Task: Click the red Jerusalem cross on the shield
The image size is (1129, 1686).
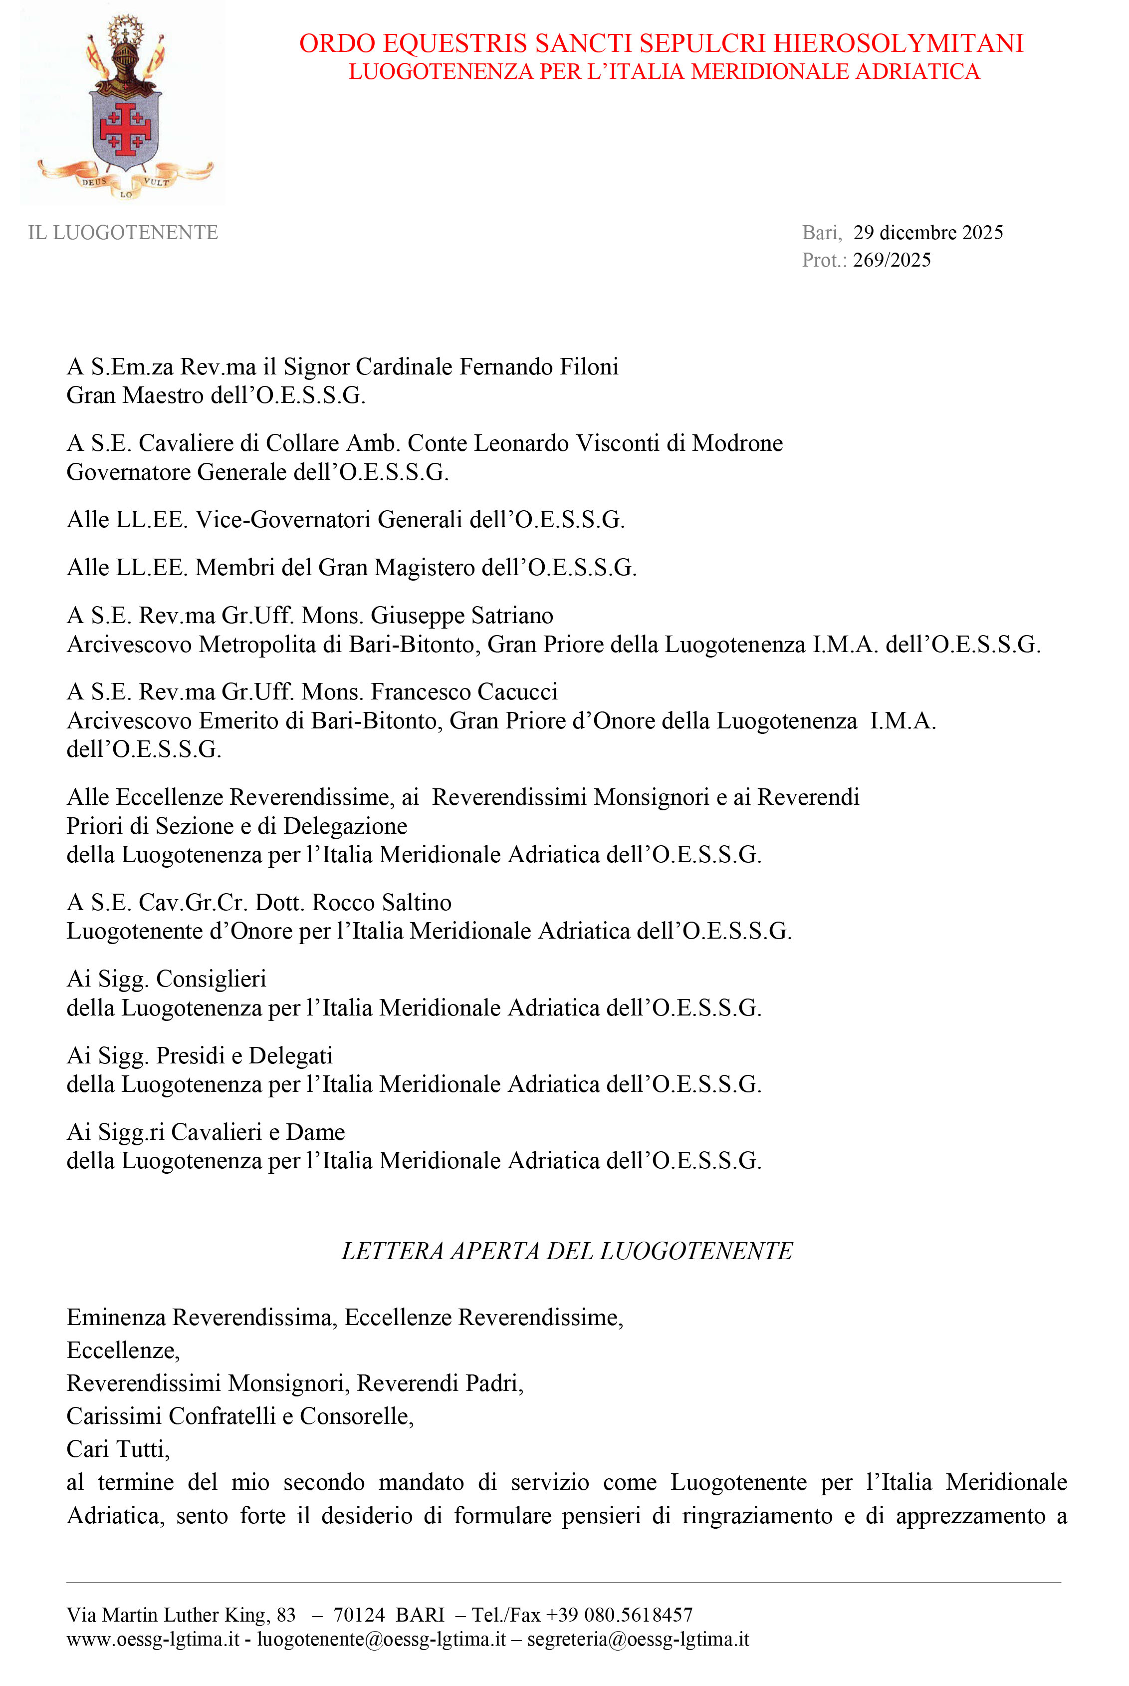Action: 125,129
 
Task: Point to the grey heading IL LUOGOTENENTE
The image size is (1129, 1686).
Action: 123,233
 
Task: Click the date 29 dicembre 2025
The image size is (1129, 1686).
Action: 927,233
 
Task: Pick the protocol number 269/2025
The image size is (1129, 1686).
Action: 892,260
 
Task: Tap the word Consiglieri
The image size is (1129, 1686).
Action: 211,979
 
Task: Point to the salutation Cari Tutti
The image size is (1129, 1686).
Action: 118,1449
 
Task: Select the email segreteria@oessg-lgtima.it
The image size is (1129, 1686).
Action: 638,1640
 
